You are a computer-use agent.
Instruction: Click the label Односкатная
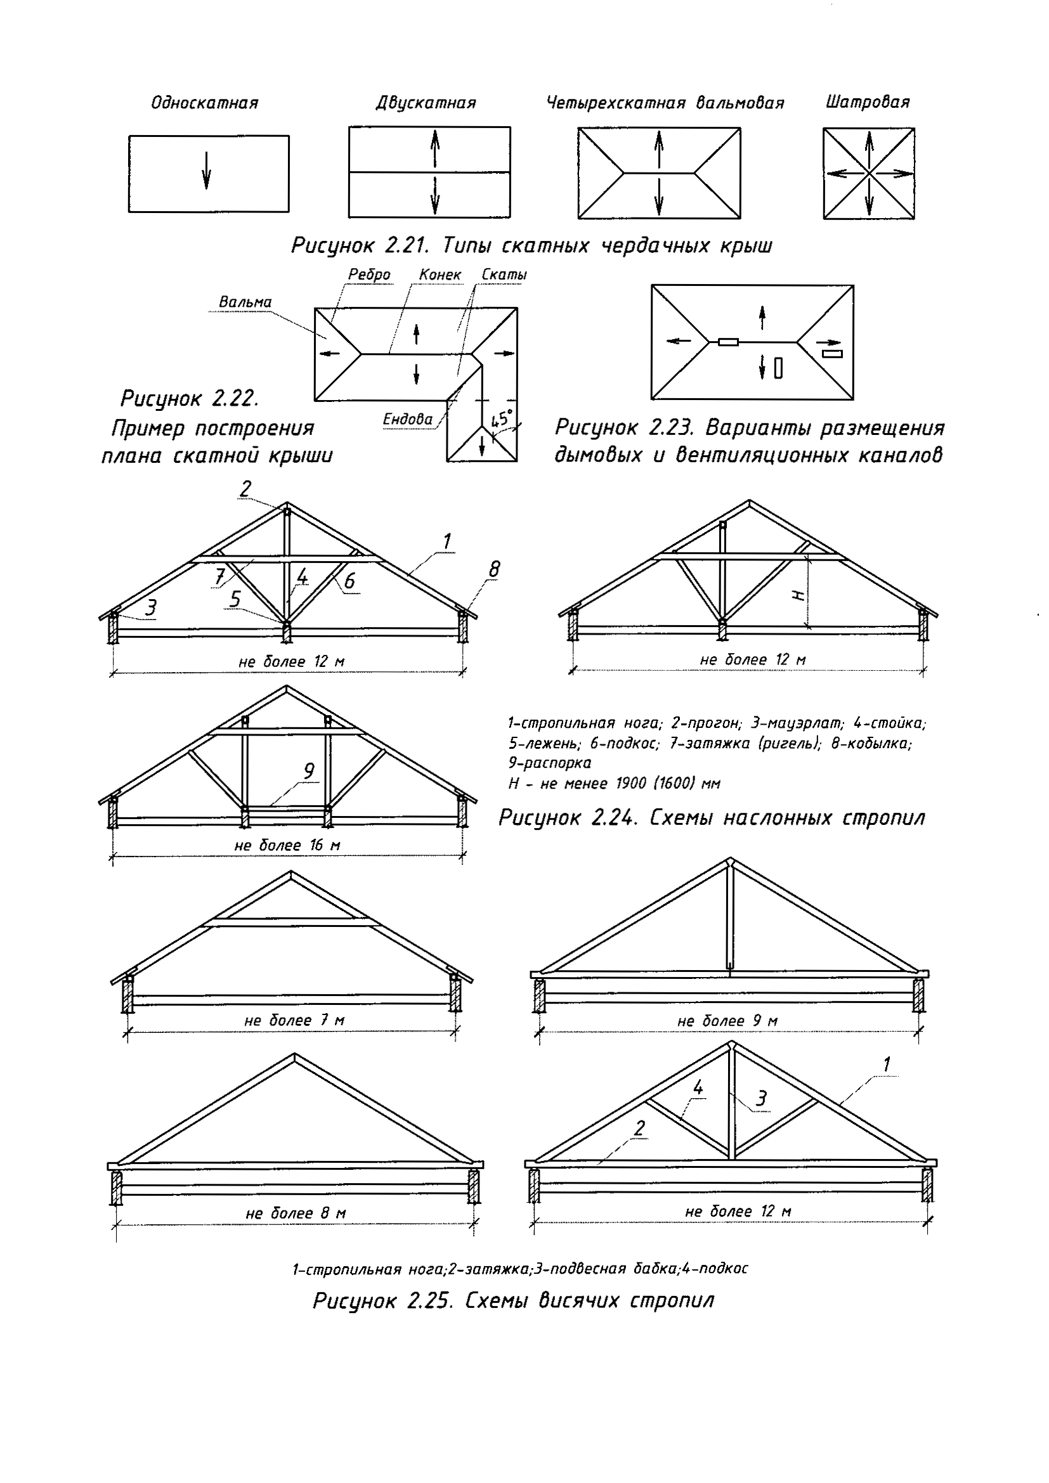coord(204,103)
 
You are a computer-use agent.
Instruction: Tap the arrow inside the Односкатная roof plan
coord(206,171)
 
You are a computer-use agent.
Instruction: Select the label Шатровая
coord(868,102)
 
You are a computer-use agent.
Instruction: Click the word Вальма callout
coord(245,302)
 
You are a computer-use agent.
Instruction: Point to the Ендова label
coord(408,419)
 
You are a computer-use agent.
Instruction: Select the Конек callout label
coord(440,275)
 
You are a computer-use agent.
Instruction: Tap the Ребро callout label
coord(369,275)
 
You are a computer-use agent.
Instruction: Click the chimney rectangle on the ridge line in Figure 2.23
coord(729,342)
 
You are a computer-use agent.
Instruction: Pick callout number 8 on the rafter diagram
coord(494,569)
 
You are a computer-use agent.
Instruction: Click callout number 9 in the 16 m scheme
coord(309,771)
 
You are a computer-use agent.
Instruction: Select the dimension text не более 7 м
coord(294,1021)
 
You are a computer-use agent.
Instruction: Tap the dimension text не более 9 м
coord(727,1021)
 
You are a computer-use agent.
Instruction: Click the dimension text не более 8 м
coord(296,1214)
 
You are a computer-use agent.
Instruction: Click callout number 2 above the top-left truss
coord(245,489)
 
